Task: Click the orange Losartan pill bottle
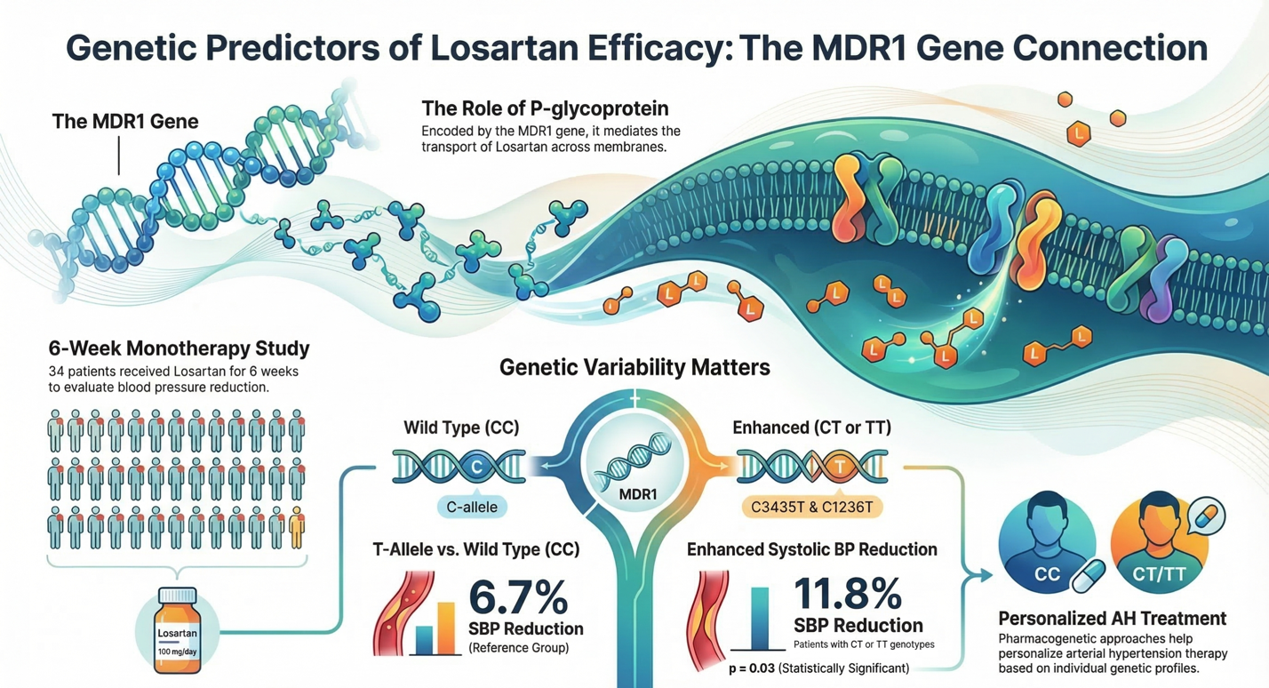[176, 630]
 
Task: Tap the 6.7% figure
[518, 596]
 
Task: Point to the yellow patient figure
[296, 527]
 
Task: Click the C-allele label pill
[472, 507]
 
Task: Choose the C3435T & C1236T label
[811, 508]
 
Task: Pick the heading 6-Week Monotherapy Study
[180, 348]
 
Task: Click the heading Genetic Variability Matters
[634, 366]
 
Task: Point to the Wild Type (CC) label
[461, 428]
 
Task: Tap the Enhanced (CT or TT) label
[811, 428]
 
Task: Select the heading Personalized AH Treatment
[1112, 618]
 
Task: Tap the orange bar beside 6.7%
[445, 627]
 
